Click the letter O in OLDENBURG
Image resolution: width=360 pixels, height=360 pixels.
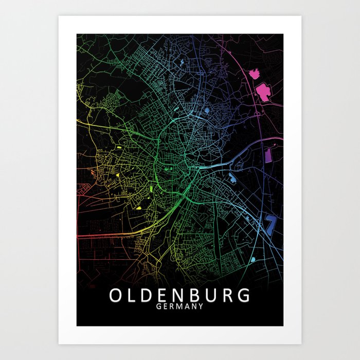[x=115, y=296]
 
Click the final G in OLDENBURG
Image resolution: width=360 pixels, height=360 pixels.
[x=244, y=296]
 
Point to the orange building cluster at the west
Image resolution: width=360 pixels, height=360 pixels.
[x=93, y=173]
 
